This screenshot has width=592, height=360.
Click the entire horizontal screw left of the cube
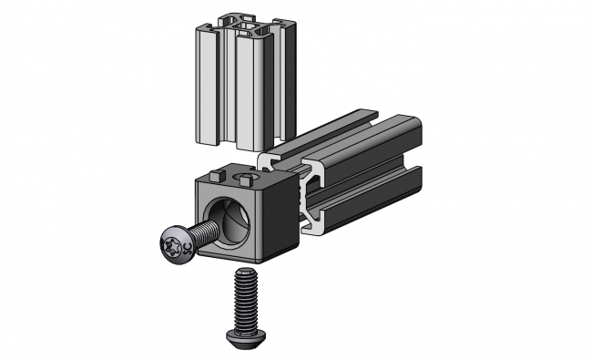(x=187, y=240)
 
